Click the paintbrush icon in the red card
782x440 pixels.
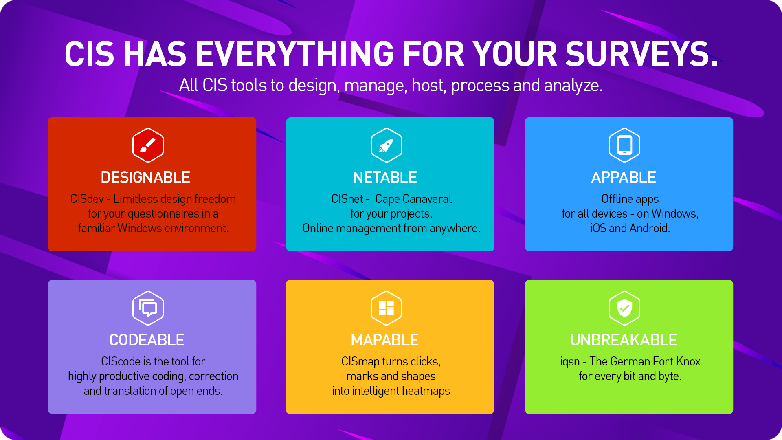148,145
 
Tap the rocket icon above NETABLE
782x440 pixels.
387,145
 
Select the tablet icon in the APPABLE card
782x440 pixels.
624,145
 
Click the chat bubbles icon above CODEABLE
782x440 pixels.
148,308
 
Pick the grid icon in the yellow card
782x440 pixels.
386,308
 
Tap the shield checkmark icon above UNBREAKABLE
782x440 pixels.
624,308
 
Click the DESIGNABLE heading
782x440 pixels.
145,178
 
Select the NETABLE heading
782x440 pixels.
385,178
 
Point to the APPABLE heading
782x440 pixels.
624,178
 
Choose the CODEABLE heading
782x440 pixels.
147,340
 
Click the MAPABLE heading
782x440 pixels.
385,340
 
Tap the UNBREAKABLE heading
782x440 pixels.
624,340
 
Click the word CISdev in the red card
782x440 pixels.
87,199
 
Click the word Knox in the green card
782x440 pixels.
688,361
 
